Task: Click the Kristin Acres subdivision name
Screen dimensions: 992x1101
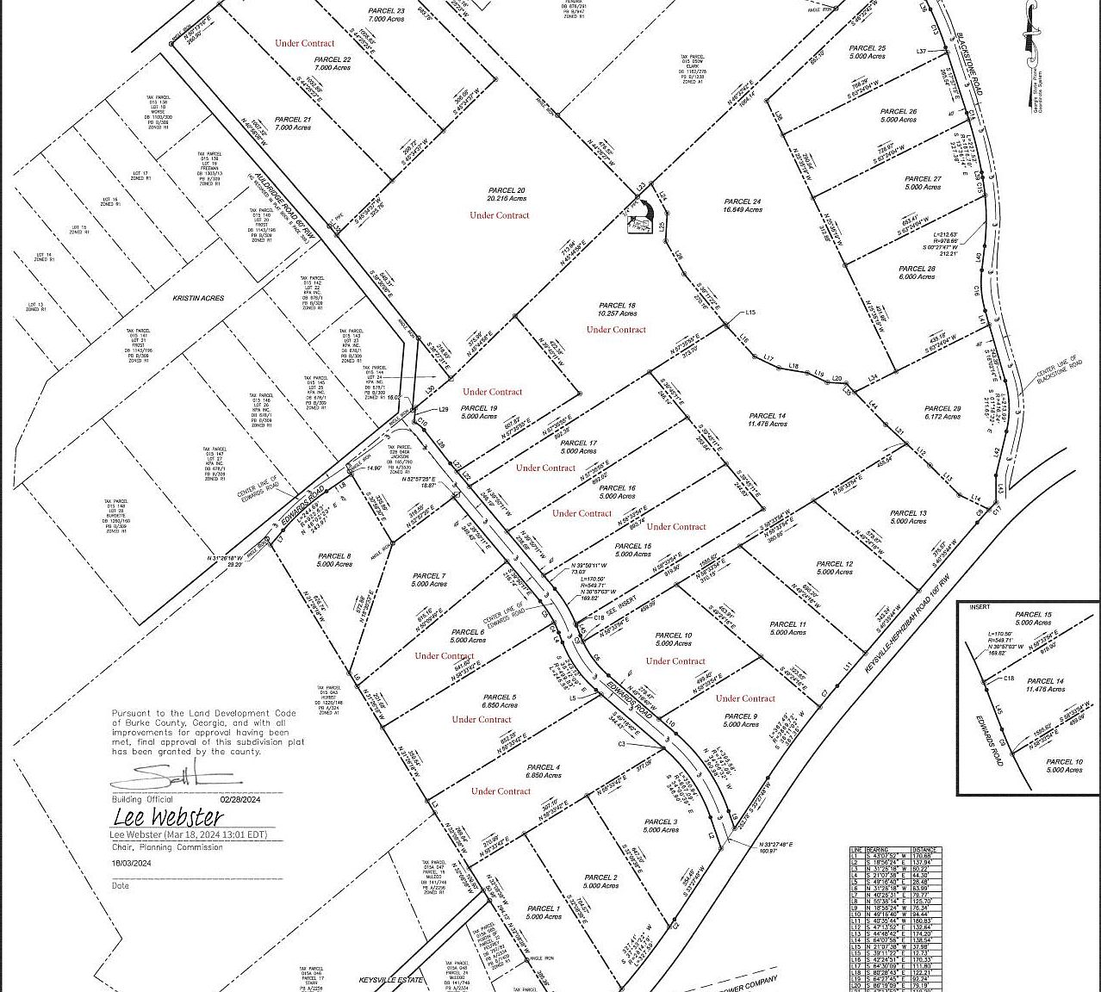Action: (x=198, y=298)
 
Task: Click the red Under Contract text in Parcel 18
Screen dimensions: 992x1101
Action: (x=616, y=330)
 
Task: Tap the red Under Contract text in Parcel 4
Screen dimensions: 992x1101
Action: (x=501, y=790)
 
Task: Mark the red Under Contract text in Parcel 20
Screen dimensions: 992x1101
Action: (x=500, y=215)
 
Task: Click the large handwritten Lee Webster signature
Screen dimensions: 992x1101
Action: (x=168, y=816)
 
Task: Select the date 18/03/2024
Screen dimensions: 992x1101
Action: (x=131, y=863)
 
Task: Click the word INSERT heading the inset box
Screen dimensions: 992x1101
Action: (x=980, y=607)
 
